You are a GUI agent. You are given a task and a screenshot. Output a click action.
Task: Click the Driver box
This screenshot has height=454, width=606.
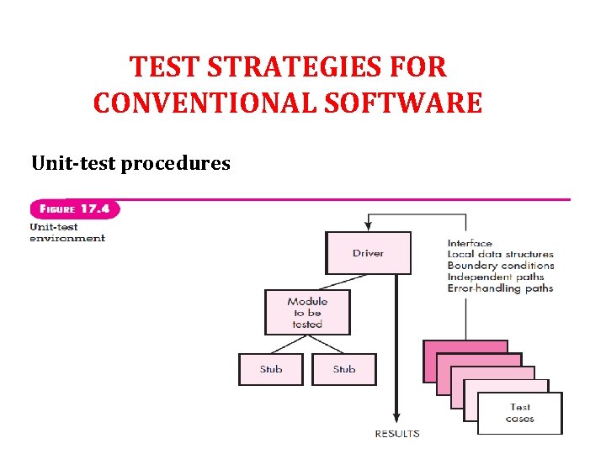point(368,253)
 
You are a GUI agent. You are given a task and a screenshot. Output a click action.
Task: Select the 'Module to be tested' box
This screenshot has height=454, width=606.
point(307,312)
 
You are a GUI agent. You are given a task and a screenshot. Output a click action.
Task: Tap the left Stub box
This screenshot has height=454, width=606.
point(271,369)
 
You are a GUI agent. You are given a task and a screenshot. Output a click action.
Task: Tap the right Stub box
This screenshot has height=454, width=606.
point(344,369)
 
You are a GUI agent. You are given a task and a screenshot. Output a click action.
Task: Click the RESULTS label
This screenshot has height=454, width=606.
point(397,434)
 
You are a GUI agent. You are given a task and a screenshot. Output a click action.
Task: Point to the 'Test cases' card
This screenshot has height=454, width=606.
point(519,413)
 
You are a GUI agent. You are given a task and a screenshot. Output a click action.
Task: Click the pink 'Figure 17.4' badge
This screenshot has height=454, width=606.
point(75,209)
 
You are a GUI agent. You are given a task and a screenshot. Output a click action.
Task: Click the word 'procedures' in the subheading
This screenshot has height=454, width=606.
point(175,162)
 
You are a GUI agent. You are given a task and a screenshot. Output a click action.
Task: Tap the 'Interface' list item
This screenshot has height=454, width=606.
point(470,243)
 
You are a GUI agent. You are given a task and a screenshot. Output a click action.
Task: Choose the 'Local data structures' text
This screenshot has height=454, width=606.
point(500,254)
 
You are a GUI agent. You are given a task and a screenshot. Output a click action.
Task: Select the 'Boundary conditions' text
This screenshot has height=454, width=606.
point(500,266)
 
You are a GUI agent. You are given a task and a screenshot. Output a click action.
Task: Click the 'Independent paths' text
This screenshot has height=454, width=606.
point(495,277)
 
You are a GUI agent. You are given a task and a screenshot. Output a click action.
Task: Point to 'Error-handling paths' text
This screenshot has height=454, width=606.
point(500,288)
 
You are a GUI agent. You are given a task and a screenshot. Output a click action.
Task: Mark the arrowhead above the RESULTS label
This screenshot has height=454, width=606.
point(396,420)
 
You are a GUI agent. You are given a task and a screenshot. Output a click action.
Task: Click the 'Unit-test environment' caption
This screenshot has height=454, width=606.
point(67,232)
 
